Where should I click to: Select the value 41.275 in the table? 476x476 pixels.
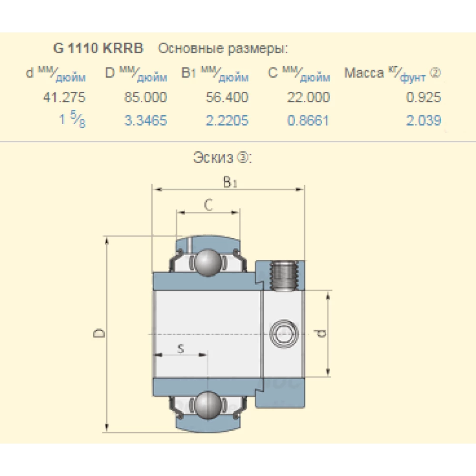[65, 98]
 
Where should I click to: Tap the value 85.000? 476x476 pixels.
[146, 98]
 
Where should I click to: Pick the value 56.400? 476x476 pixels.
[227, 98]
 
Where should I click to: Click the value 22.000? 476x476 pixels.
[308, 98]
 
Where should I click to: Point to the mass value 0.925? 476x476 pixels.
[424, 98]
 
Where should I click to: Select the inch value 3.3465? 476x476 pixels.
[146, 120]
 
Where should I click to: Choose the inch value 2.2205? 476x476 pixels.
[227, 120]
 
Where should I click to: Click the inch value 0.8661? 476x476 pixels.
[308, 120]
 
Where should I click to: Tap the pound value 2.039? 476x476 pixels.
[424, 120]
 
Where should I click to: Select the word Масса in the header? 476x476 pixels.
[364, 73]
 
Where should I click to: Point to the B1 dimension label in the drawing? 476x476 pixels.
[230, 182]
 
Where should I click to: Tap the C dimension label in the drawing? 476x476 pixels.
[208, 205]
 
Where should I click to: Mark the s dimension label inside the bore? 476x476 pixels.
[180, 349]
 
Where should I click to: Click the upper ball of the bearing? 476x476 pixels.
[208, 262]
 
